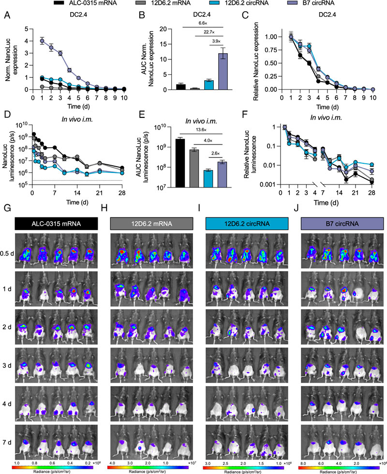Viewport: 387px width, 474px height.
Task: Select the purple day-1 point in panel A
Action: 42,40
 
